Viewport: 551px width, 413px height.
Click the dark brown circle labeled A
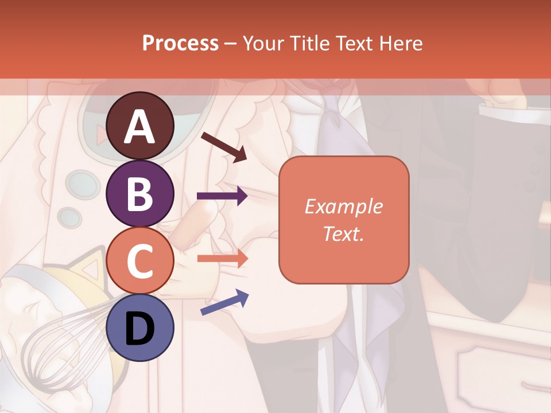pos(140,126)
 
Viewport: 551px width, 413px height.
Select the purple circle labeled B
pos(140,193)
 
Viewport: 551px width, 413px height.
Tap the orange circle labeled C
pos(140,260)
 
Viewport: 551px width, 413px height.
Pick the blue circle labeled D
pos(140,328)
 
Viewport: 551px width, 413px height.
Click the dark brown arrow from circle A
pos(224,147)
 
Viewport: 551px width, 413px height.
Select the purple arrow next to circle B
pos(222,196)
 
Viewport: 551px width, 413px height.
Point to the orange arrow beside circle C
pos(222,258)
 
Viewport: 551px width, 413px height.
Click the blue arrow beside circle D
pos(224,302)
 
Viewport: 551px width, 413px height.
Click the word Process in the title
pos(180,43)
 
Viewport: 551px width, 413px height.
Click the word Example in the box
pos(343,207)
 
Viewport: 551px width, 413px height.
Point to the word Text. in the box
pos(343,233)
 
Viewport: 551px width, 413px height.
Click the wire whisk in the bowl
pos(63,344)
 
